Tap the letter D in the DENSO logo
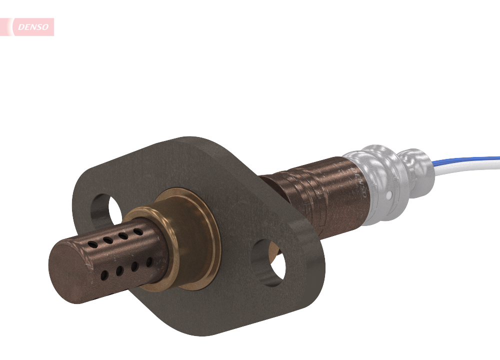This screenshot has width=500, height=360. [x=20, y=27]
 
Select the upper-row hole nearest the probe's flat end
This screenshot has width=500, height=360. [x=92, y=244]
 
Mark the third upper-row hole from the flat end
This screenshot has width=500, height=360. [x=122, y=235]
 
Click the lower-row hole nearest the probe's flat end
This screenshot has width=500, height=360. [x=104, y=275]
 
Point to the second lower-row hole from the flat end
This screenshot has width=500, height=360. [x=119, y=271]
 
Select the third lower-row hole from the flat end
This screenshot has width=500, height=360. [x=134, y=266]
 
